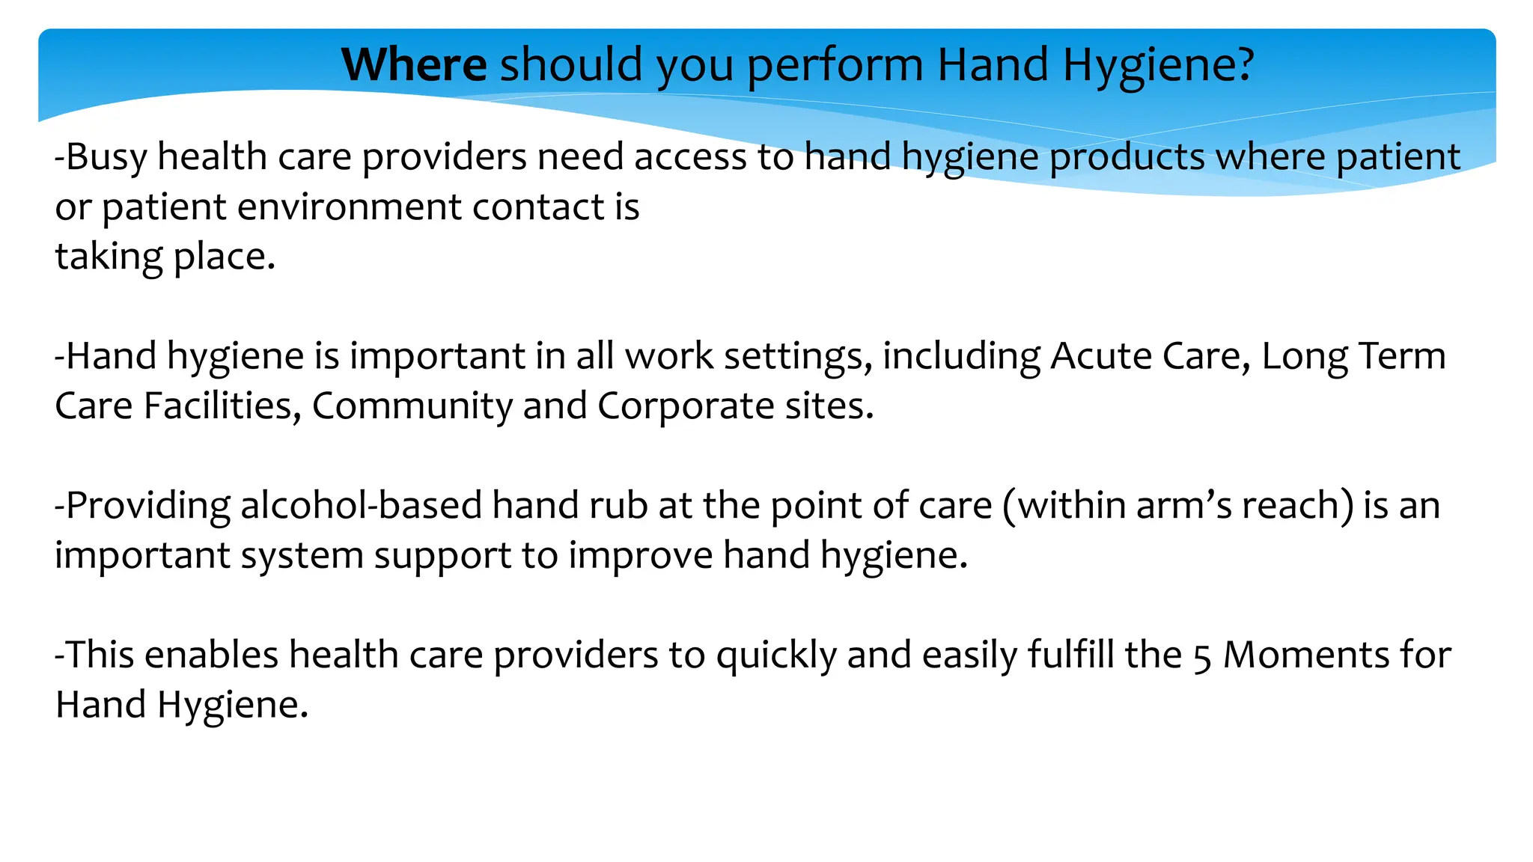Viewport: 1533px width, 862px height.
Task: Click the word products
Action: [1127, 157]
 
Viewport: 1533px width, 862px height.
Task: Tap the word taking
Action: [109, 257]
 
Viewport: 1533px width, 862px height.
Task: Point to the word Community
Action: [412, 406]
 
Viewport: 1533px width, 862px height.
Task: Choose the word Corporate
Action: [686, 406]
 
